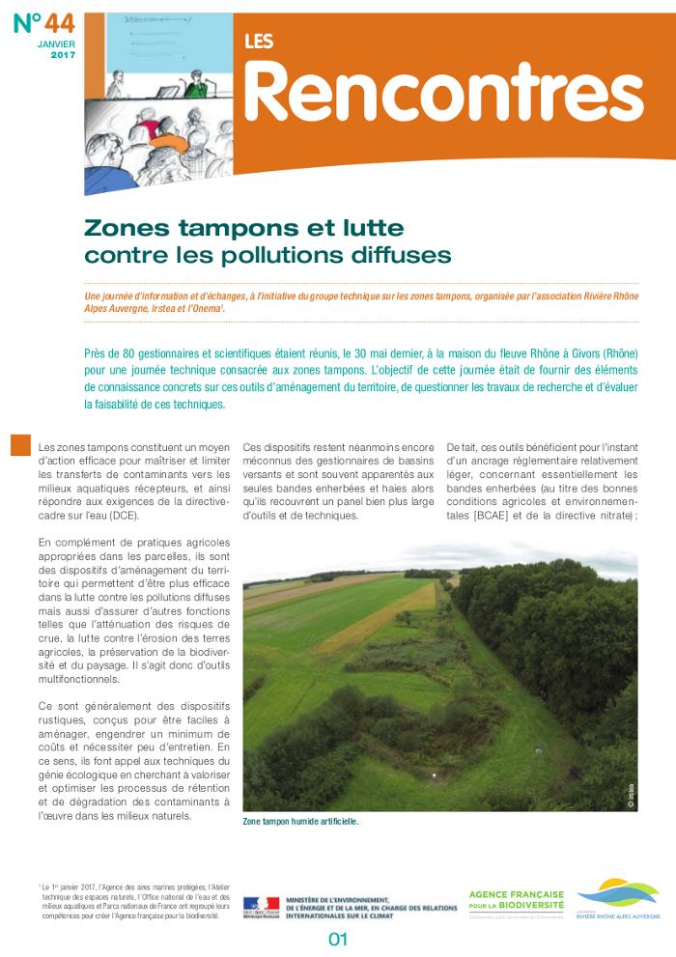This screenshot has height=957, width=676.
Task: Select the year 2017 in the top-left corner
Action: (x=63, y=56)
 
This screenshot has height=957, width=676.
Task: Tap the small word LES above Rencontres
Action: (x=259, y=41)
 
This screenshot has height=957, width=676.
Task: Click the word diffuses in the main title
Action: (x=403, y=256)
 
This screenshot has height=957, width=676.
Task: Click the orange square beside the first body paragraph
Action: (x=20, y=445)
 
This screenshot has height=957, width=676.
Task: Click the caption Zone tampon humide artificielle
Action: (x=300, y=822)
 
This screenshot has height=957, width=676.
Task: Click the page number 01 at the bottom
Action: (x=337, y=940)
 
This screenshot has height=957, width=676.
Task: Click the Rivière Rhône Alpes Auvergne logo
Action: (x=619, y=899)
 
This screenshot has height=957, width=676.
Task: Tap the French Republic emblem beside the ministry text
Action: (x=261, y=907)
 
